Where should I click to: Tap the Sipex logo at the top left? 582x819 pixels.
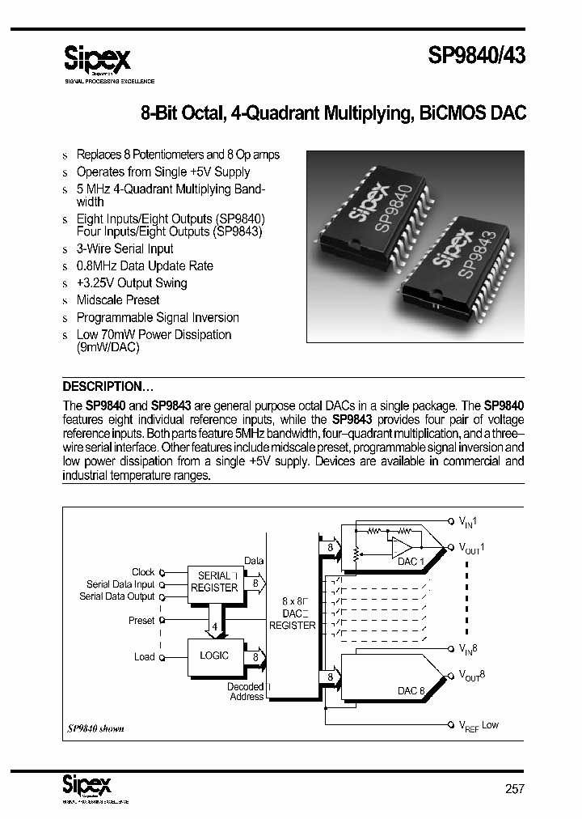tap(97, 59)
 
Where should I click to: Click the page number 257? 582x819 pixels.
tap(514, 788)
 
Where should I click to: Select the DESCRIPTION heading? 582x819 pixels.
tap(108, 386)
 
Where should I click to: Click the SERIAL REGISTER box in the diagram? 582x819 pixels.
tap(214, 583)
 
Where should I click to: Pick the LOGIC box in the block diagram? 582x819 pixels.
tap(214, 656)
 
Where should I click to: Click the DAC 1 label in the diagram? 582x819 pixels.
tap(409, 562)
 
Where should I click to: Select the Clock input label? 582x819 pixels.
tap(143, 571)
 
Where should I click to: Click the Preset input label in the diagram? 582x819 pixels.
tap(141, 621)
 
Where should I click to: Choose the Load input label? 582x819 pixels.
tap(145, 656)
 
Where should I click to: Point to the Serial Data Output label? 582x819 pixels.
tap(116, 596)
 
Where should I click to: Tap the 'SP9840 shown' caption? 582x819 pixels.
tap(95, 728)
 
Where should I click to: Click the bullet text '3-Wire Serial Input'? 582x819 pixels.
tap(124, 248)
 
